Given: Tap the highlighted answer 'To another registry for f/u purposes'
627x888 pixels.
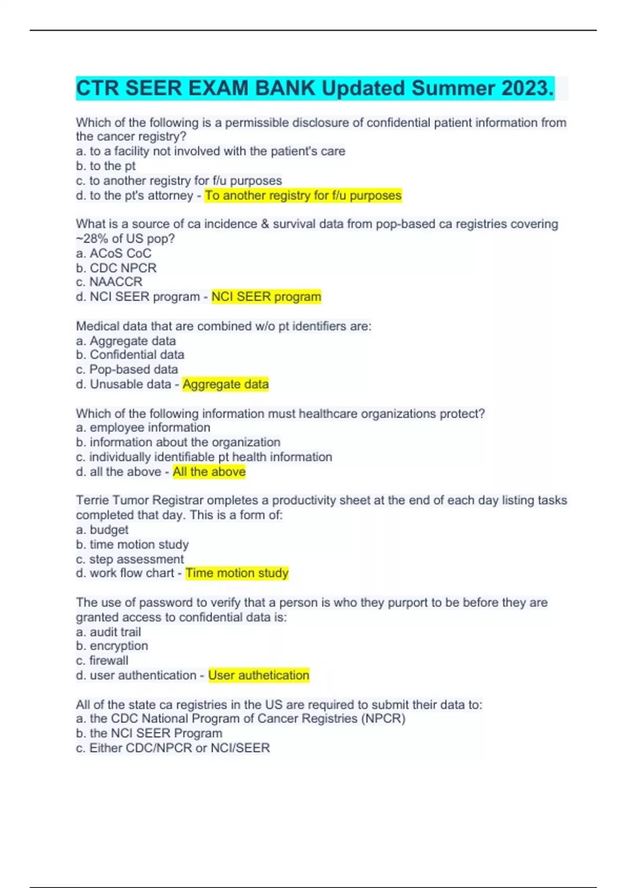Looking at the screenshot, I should pyautogui.click(x=303, y=195).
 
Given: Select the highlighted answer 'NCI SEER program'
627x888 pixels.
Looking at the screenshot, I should pyautogui.click(x=266, y=297).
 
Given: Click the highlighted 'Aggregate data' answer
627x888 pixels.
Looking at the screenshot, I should pyautogui.click(x=225, y=384).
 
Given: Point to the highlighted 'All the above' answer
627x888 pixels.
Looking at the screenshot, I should pyautogui.click(x=209, y=472).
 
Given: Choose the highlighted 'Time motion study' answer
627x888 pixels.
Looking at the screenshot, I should pyautogui.click(x=237, y=573).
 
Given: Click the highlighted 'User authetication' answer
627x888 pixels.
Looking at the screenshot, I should pyautogui.click(x=259, y=675).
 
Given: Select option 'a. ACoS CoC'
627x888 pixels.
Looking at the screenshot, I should pyautogui.click(x=113, y=253).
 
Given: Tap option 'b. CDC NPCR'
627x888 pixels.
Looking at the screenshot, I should pyautogui.click(x=116, y=268).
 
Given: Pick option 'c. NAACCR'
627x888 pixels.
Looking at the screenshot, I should pyautogui.click(x=109, y=282).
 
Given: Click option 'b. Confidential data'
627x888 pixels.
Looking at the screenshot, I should pyautogui.click(x=130, y=355).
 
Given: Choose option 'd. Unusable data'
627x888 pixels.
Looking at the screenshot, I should pyautogui.click(x=123, y=384).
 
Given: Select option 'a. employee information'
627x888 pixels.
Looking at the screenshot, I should pyautogui.click(x=143, y=427).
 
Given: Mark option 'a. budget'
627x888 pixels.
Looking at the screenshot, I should pyautogui.click(x=102, y=530).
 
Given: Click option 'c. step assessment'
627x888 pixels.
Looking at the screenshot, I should pyautogui.click(x=130, y=559).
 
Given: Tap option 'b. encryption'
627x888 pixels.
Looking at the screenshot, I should pyautogui.click(x=112, y=646).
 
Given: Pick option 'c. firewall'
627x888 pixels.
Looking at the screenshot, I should pyautogui.click(x=102, y=660).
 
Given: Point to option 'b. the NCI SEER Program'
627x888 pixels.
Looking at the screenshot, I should pyautogui.click(x=149, y=733).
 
